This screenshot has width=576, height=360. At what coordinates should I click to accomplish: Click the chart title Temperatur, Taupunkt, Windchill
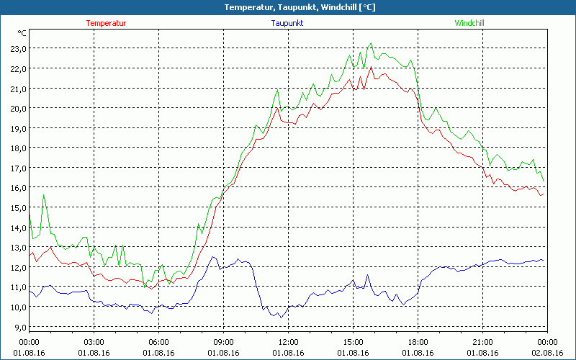coord(289,7)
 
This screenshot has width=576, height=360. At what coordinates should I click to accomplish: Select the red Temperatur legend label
coord(106,23)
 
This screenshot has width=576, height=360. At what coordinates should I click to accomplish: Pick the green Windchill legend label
coord(469,23)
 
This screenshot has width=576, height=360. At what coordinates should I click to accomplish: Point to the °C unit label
coord(22,33)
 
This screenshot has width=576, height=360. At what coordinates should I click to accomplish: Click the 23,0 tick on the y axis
coord(17,48)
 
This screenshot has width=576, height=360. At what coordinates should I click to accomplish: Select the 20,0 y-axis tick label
coord(17,108)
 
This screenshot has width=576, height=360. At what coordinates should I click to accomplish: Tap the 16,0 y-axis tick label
coord(17,187)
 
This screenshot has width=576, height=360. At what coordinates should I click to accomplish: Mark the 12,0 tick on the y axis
coord(17,267)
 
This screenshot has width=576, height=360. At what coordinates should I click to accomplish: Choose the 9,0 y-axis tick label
coord(17,327)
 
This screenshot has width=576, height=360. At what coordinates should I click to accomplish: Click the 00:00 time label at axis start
coord(29,341)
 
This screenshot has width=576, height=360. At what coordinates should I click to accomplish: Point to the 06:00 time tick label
coord(158,341)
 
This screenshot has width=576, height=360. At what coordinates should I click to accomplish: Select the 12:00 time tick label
coord(288,341)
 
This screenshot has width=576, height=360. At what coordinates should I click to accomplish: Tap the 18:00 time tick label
coord(418,341)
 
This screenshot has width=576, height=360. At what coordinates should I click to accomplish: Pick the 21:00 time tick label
coord(482,341)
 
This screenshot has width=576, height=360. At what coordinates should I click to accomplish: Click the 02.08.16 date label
coord(547,353)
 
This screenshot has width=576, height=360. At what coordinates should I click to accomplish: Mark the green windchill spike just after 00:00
coord(44,195)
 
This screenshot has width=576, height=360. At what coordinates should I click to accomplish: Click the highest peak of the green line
coord(372,43)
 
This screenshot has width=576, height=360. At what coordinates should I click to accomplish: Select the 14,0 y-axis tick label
coord(17,228)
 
